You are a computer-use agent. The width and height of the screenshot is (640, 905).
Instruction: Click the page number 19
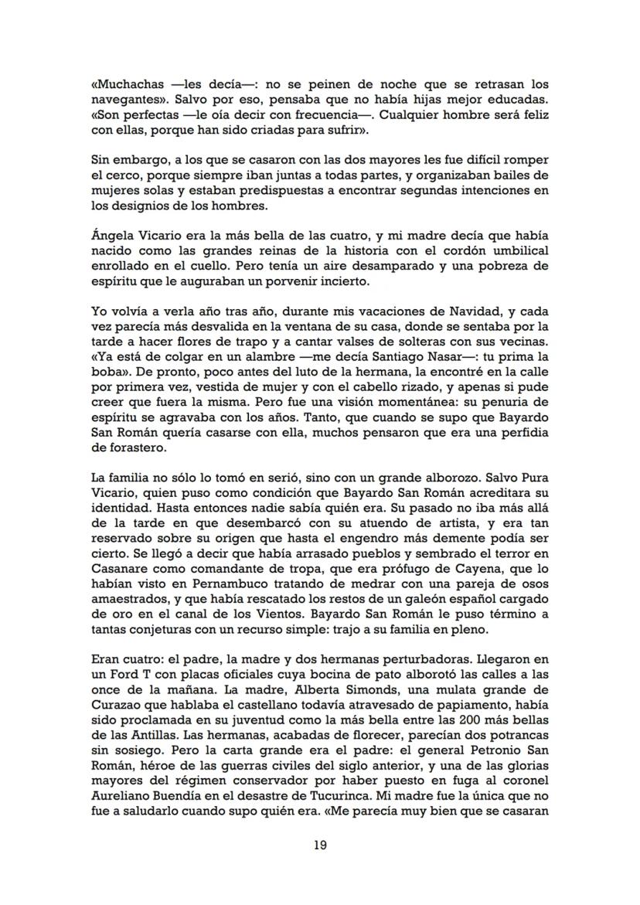[319, 845]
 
